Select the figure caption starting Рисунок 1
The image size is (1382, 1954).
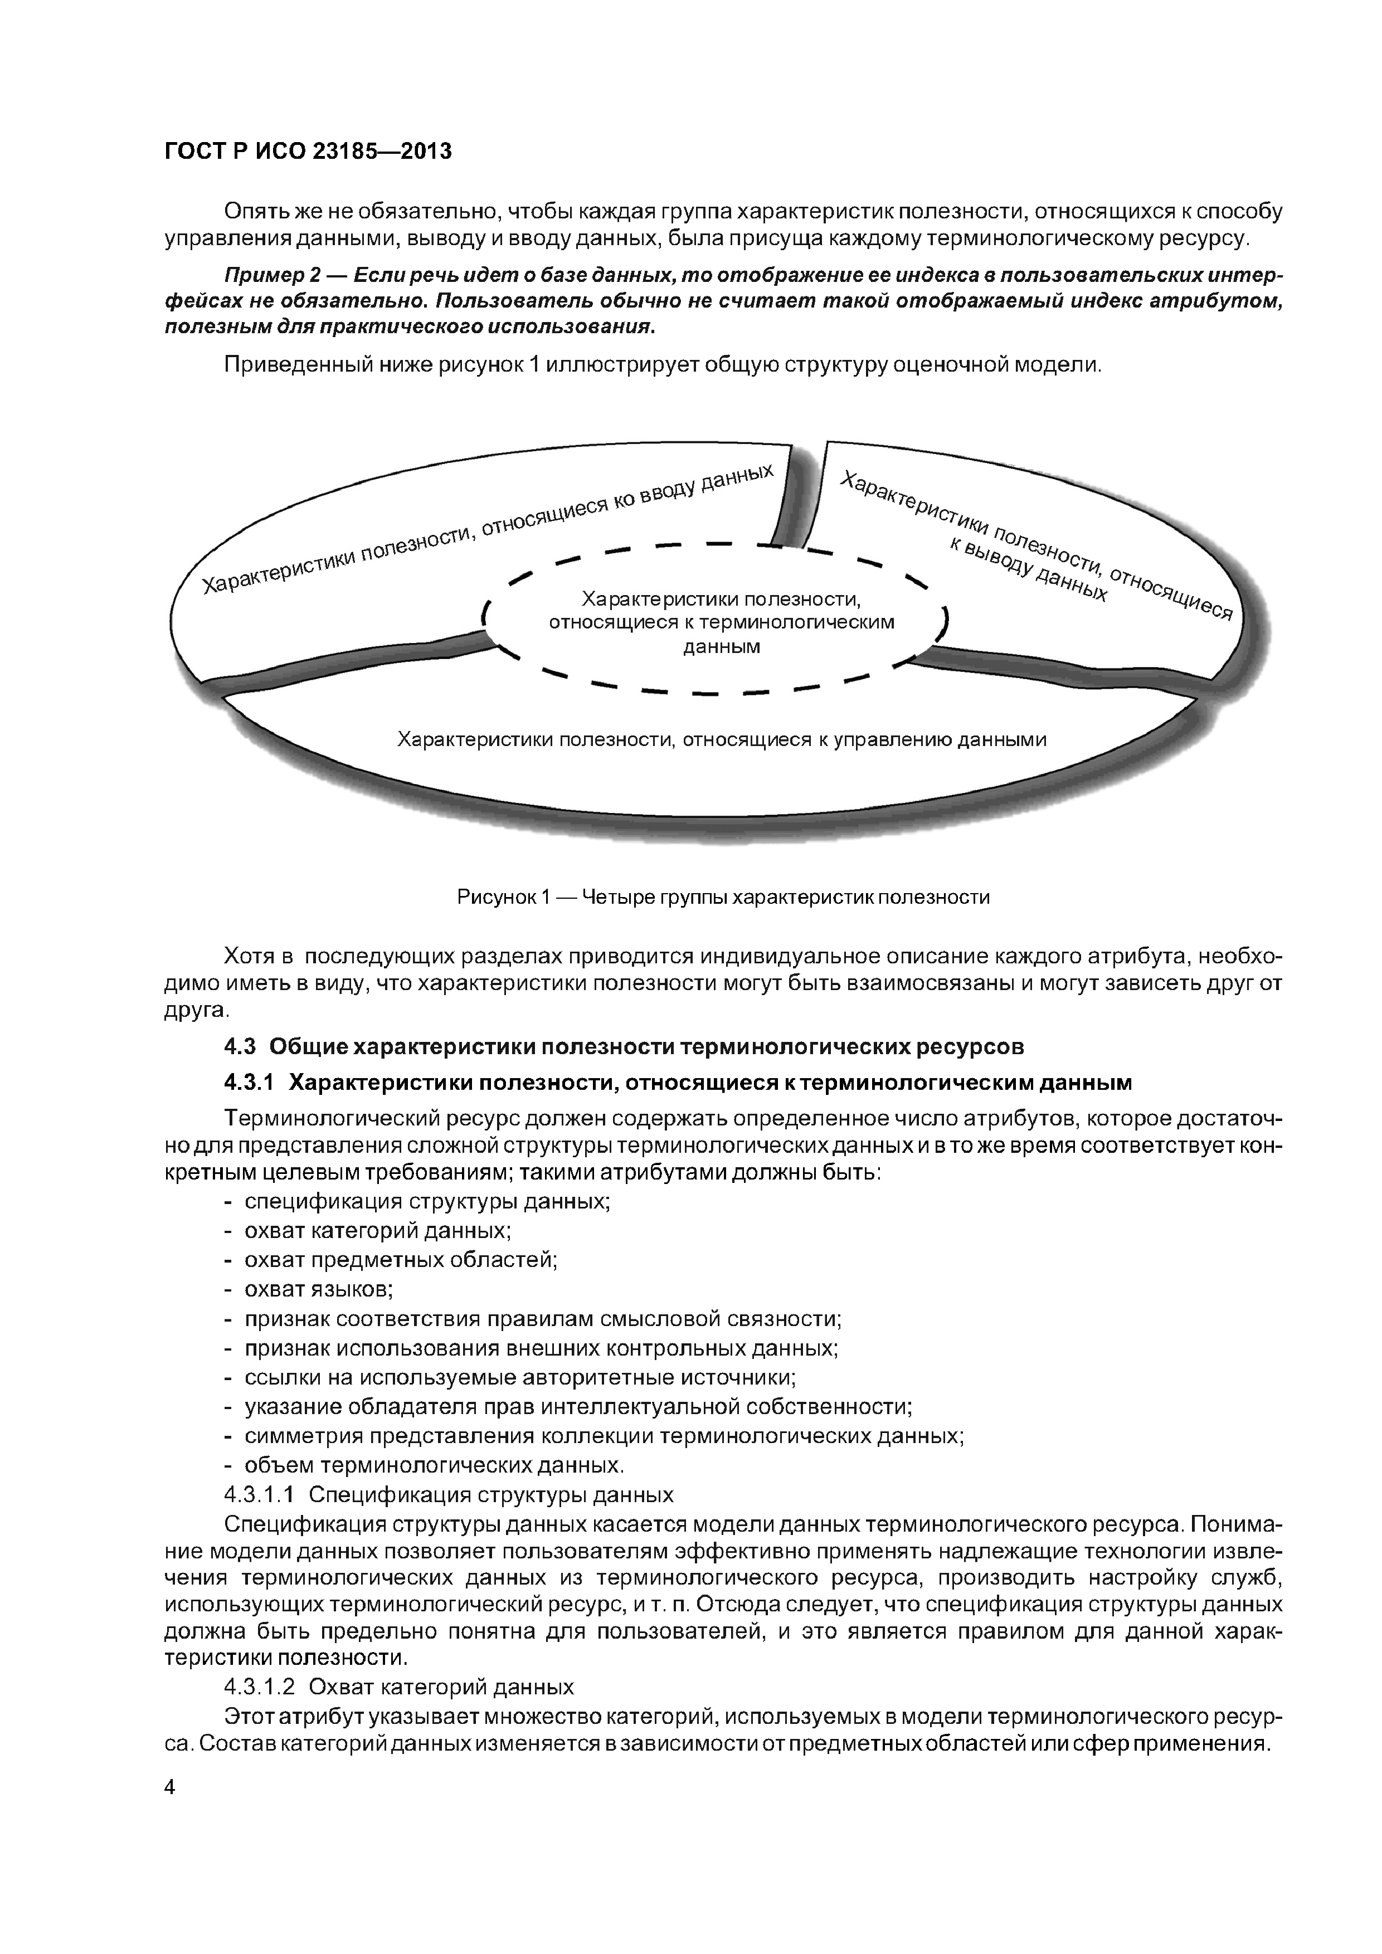click(723, 897)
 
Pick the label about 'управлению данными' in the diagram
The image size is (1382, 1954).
click(722, 739)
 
